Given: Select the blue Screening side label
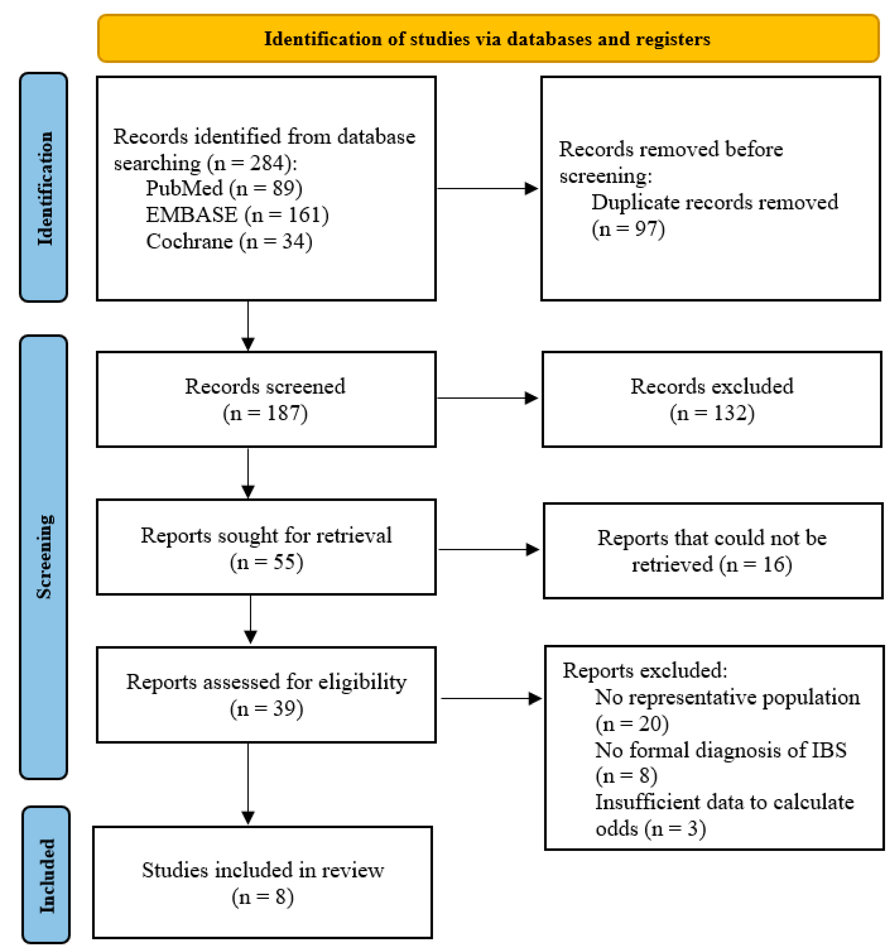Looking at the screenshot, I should click(x=44, y=557).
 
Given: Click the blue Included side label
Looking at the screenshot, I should click(x=46, y=875).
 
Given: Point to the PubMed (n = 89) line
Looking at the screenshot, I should click(x=224, y=188).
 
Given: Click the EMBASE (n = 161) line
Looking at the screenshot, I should click(x=237, y=215).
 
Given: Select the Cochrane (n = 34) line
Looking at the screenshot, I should click(x=229, y=241).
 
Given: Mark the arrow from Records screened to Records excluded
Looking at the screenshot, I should click(x=487, y=398).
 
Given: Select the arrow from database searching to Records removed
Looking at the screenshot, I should click(x=487, y=188).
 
